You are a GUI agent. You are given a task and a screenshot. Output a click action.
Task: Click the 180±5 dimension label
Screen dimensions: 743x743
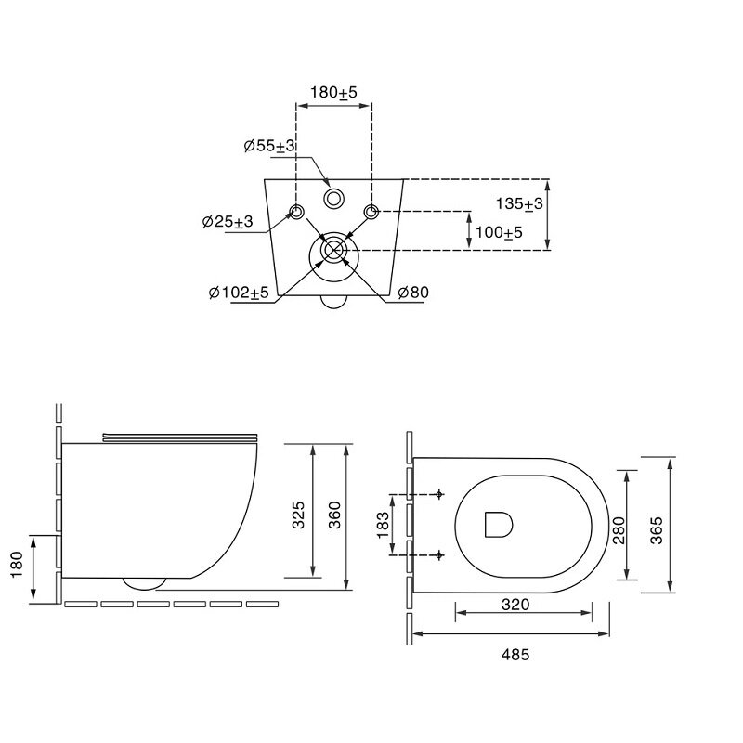pyautogui.click(x=333, y=92)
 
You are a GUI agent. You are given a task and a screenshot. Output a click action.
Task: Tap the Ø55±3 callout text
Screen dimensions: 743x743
pyautogui.click(x=269, y=146)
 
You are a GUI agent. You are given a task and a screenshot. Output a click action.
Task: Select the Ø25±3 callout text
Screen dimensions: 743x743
pyautogui.click(x=228, y=221)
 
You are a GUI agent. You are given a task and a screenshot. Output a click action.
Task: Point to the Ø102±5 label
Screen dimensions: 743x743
pyautogui.click(x=239, y=293)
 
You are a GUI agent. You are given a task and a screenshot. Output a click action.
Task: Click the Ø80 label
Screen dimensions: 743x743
pyautogui.click(x=413, y=293)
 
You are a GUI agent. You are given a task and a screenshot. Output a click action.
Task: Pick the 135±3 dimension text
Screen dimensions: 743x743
pyautogui.click(x=519, y=203)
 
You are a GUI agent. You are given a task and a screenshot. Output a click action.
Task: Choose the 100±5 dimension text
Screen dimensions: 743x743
pyautogui.click(x=499, y=233)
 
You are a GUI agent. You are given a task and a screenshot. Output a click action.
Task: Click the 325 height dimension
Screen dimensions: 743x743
pyautogui.click(x=298, y=515)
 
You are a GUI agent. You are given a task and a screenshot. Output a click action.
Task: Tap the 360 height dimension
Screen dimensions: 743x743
pyautogui.click(x=334, y=515)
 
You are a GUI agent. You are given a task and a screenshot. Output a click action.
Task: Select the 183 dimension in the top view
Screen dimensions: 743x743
pyautogui.click(x=383, y=525)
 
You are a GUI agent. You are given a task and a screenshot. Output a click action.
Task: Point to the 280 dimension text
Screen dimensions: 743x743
pyautogui.click(x=619, y=530)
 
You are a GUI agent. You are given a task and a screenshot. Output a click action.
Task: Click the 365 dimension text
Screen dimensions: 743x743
pyautogui.click(x=657, y=530)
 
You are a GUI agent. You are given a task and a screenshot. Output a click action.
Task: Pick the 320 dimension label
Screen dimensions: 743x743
pyautogui.click(x=515, y=605)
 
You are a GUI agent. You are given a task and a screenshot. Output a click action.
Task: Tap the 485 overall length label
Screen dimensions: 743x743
pyautogui.click(x=515, y=655)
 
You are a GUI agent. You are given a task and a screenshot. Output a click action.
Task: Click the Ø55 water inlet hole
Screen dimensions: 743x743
pyautogui.click(x=334, y=199)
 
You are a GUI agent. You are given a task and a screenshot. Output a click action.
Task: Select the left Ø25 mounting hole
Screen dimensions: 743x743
pyautogui.click(x=297, y=212)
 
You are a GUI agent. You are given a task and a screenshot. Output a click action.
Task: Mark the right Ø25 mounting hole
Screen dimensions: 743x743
pyautogui.click(x=371, y=212)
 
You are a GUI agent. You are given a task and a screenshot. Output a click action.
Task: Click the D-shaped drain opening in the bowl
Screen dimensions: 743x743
pyautogui.click(x=499, y=525)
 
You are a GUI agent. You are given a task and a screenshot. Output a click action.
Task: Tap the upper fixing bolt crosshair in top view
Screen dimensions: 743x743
pyautogui.click(x=439, y=495)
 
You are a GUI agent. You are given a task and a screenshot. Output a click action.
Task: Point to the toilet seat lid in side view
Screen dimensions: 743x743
pyautogui.click(x=180, y=437)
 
